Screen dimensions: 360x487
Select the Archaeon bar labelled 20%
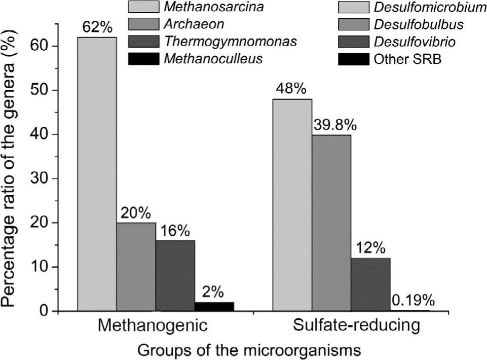[x=136, y=267]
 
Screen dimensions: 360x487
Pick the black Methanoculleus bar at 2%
[x=214, y=306]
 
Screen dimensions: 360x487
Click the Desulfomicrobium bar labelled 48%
[x=292, y=205]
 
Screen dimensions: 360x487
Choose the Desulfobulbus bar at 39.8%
[x=331, y=223]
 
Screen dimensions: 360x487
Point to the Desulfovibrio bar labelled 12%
[x=371, y=284]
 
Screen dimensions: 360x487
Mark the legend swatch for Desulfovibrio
[x=355, y=42]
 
